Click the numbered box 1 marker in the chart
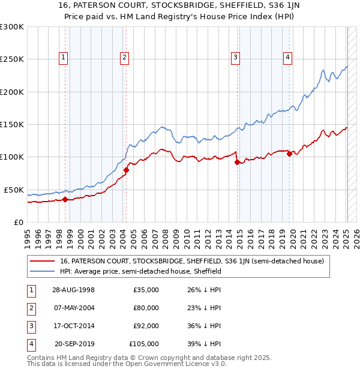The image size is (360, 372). (x=64, y=58)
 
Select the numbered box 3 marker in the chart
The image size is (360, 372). (x=236, y=58)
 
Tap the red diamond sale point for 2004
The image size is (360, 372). (x=126, y=170)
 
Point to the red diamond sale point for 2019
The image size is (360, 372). (x=289, y=154)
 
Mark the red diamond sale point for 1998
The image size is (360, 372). (x=65, y=200)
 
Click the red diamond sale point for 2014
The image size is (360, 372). (x=237, y=162)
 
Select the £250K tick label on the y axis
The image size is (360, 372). (x=12, y=59)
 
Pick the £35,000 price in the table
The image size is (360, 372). (x=146, y=290)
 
